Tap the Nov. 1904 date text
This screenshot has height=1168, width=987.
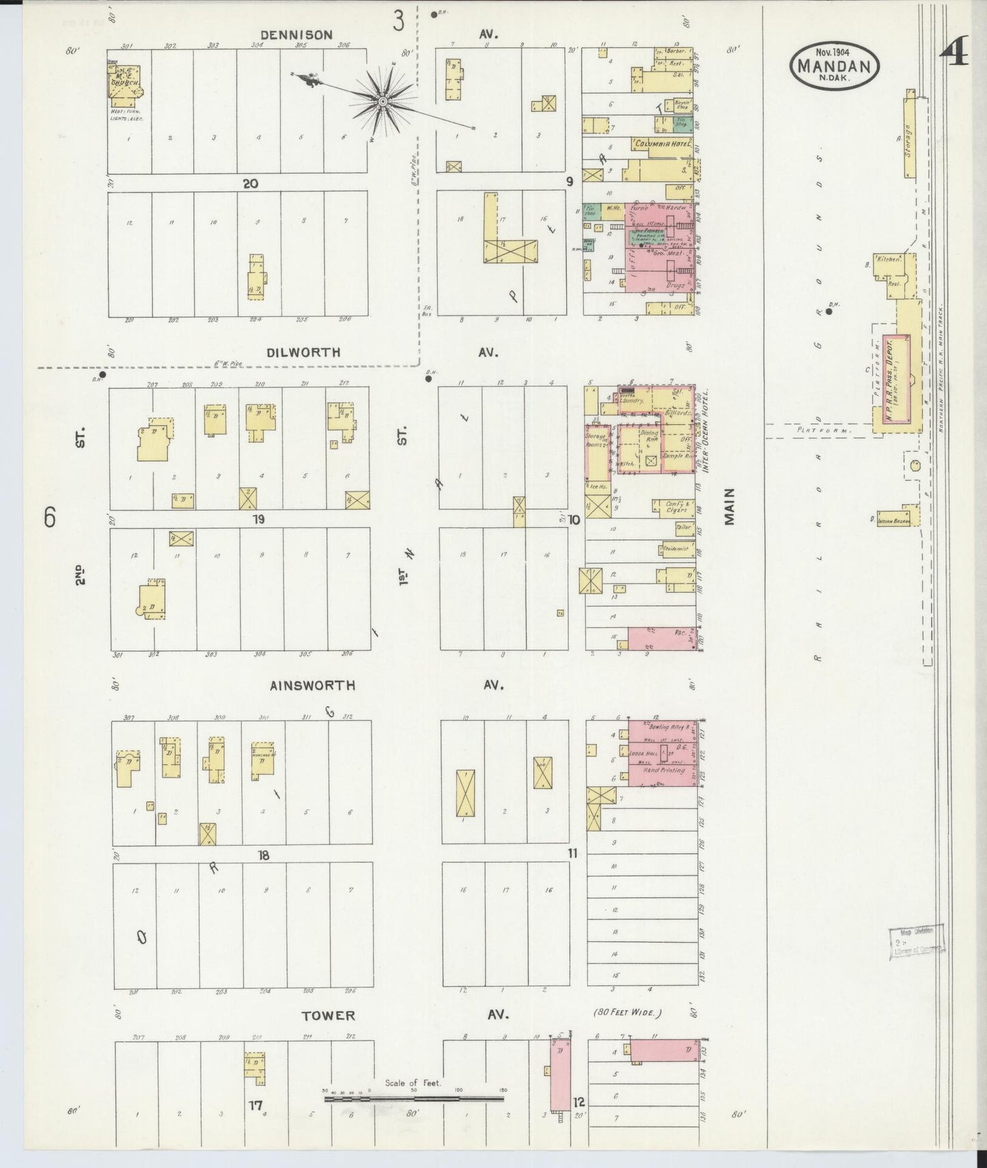pos(835,51)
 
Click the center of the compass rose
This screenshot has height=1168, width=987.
pos(383,102)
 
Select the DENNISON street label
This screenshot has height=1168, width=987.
pos(296,35)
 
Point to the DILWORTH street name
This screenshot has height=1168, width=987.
pos(303,352)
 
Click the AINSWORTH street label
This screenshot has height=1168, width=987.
pos(312,685)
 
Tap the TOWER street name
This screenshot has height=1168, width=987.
pos(329,1016)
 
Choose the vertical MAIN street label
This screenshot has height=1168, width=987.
pos(729,506)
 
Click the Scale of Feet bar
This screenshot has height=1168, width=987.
pos(415,1099)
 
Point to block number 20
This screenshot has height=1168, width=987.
pos(250,183)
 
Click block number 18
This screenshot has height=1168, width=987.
pos(264,854)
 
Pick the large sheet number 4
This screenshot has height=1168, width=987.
pos(956,52)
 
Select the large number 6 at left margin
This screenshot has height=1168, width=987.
pos(50,518)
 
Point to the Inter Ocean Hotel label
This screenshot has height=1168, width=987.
pos(705,432)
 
